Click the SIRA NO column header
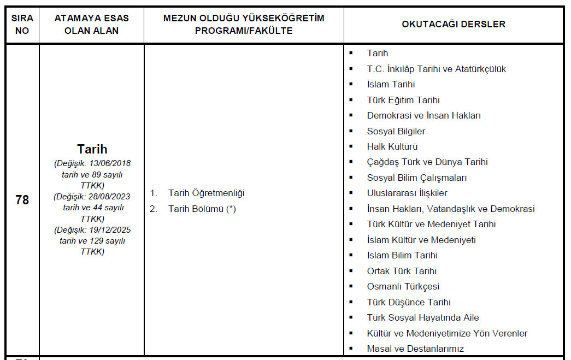tap(22, 25)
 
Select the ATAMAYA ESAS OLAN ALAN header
tap(91, 25)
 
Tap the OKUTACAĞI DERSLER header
tap(454, 25)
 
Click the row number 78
tap(22, 200)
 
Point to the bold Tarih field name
tap(92, 149)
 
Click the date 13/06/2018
tap(110, 163)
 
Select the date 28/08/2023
tap(110, 196)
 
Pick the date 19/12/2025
tap(110, 229)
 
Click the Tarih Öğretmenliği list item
tap(206, 193)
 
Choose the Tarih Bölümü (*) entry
tap(202, 209)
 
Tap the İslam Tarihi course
tap(391, 85)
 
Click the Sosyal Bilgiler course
tap(396, 131)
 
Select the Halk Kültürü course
tap(392, 146)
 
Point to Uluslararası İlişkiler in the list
tap(407, 193)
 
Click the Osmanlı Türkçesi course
tap(403, 287)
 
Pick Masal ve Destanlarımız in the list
tap(415, 349)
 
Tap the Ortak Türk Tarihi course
tap(402, 271)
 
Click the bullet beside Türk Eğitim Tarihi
tap(351, 100)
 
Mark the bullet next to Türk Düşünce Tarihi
tap(351, 302)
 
